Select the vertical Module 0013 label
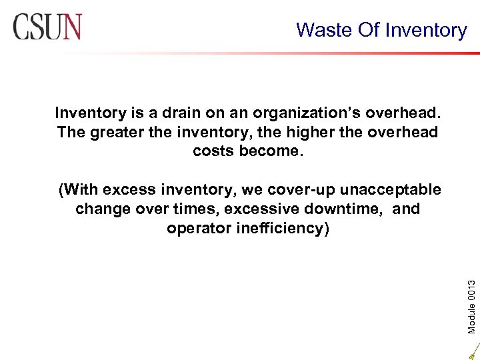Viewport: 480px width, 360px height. click(471, 288)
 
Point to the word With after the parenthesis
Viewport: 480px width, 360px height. click(85, 189)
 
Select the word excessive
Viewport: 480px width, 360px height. click(261, 209)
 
